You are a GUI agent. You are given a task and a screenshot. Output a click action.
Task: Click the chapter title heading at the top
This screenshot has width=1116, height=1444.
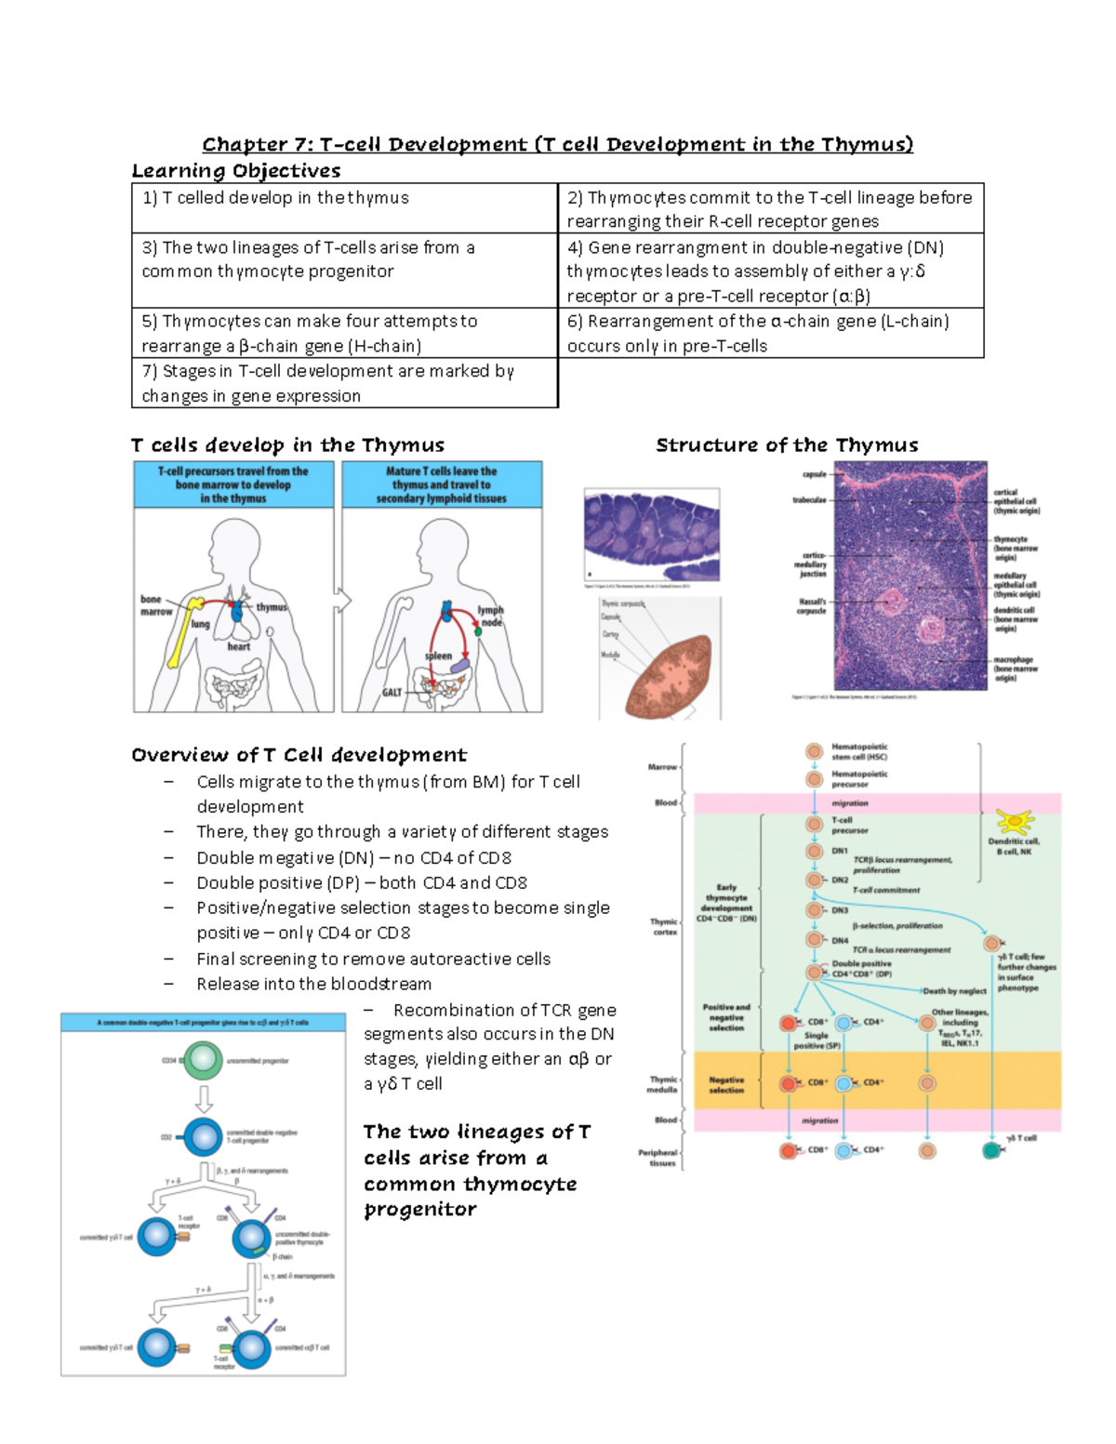pos(558,144)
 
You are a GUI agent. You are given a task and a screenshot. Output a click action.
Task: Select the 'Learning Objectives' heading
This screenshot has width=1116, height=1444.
pos(235,170)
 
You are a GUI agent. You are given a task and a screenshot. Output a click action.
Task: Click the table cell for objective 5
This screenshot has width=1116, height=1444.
pos(344,333)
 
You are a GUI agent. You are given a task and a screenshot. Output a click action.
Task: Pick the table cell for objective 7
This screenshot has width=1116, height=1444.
pos(344,383)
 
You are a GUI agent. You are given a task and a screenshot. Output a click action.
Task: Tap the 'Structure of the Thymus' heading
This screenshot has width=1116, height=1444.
pos(787,444)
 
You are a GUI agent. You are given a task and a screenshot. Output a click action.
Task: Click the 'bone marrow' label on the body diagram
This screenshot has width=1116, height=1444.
pos(155,605)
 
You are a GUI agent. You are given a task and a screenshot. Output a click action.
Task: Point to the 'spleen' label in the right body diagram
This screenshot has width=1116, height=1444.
pos(438,656)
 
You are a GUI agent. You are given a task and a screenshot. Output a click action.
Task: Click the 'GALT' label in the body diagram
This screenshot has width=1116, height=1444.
pos(392,692)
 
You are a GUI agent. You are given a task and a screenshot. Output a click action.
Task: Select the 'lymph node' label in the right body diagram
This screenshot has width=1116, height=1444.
pos(491,616)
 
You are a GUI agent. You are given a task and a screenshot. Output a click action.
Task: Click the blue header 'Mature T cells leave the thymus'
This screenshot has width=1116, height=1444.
pos(442,484)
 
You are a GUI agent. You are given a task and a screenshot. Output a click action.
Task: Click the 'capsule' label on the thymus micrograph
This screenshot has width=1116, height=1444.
pos(814,474)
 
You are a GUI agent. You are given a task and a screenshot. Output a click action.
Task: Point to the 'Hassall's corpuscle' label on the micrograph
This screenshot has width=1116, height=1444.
pos(811,606)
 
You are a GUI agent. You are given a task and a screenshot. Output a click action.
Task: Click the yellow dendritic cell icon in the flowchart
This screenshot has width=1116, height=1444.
pos(1014,822)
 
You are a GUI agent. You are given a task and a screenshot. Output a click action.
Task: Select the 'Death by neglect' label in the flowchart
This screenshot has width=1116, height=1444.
pos(954,991)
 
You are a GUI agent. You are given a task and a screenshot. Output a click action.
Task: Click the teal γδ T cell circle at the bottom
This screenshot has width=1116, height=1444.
pos(992,1150)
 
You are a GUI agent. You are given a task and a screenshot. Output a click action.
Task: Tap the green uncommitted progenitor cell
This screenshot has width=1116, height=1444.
pos(204,1060)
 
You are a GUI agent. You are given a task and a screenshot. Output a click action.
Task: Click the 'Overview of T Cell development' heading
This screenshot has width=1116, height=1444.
pos(299,754)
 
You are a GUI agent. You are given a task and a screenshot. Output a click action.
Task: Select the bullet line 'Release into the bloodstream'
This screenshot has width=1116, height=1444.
pos(313,984)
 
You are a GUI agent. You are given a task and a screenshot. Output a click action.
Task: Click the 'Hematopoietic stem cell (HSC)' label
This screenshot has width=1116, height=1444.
pos(859,751)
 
